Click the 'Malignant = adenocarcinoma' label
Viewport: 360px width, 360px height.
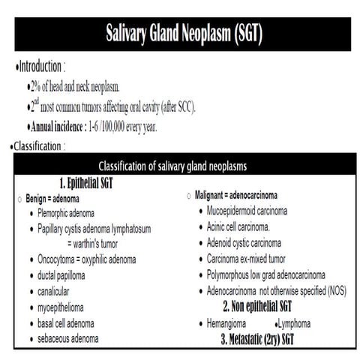(239, 196)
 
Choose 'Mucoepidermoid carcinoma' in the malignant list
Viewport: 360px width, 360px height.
(256, 211)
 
